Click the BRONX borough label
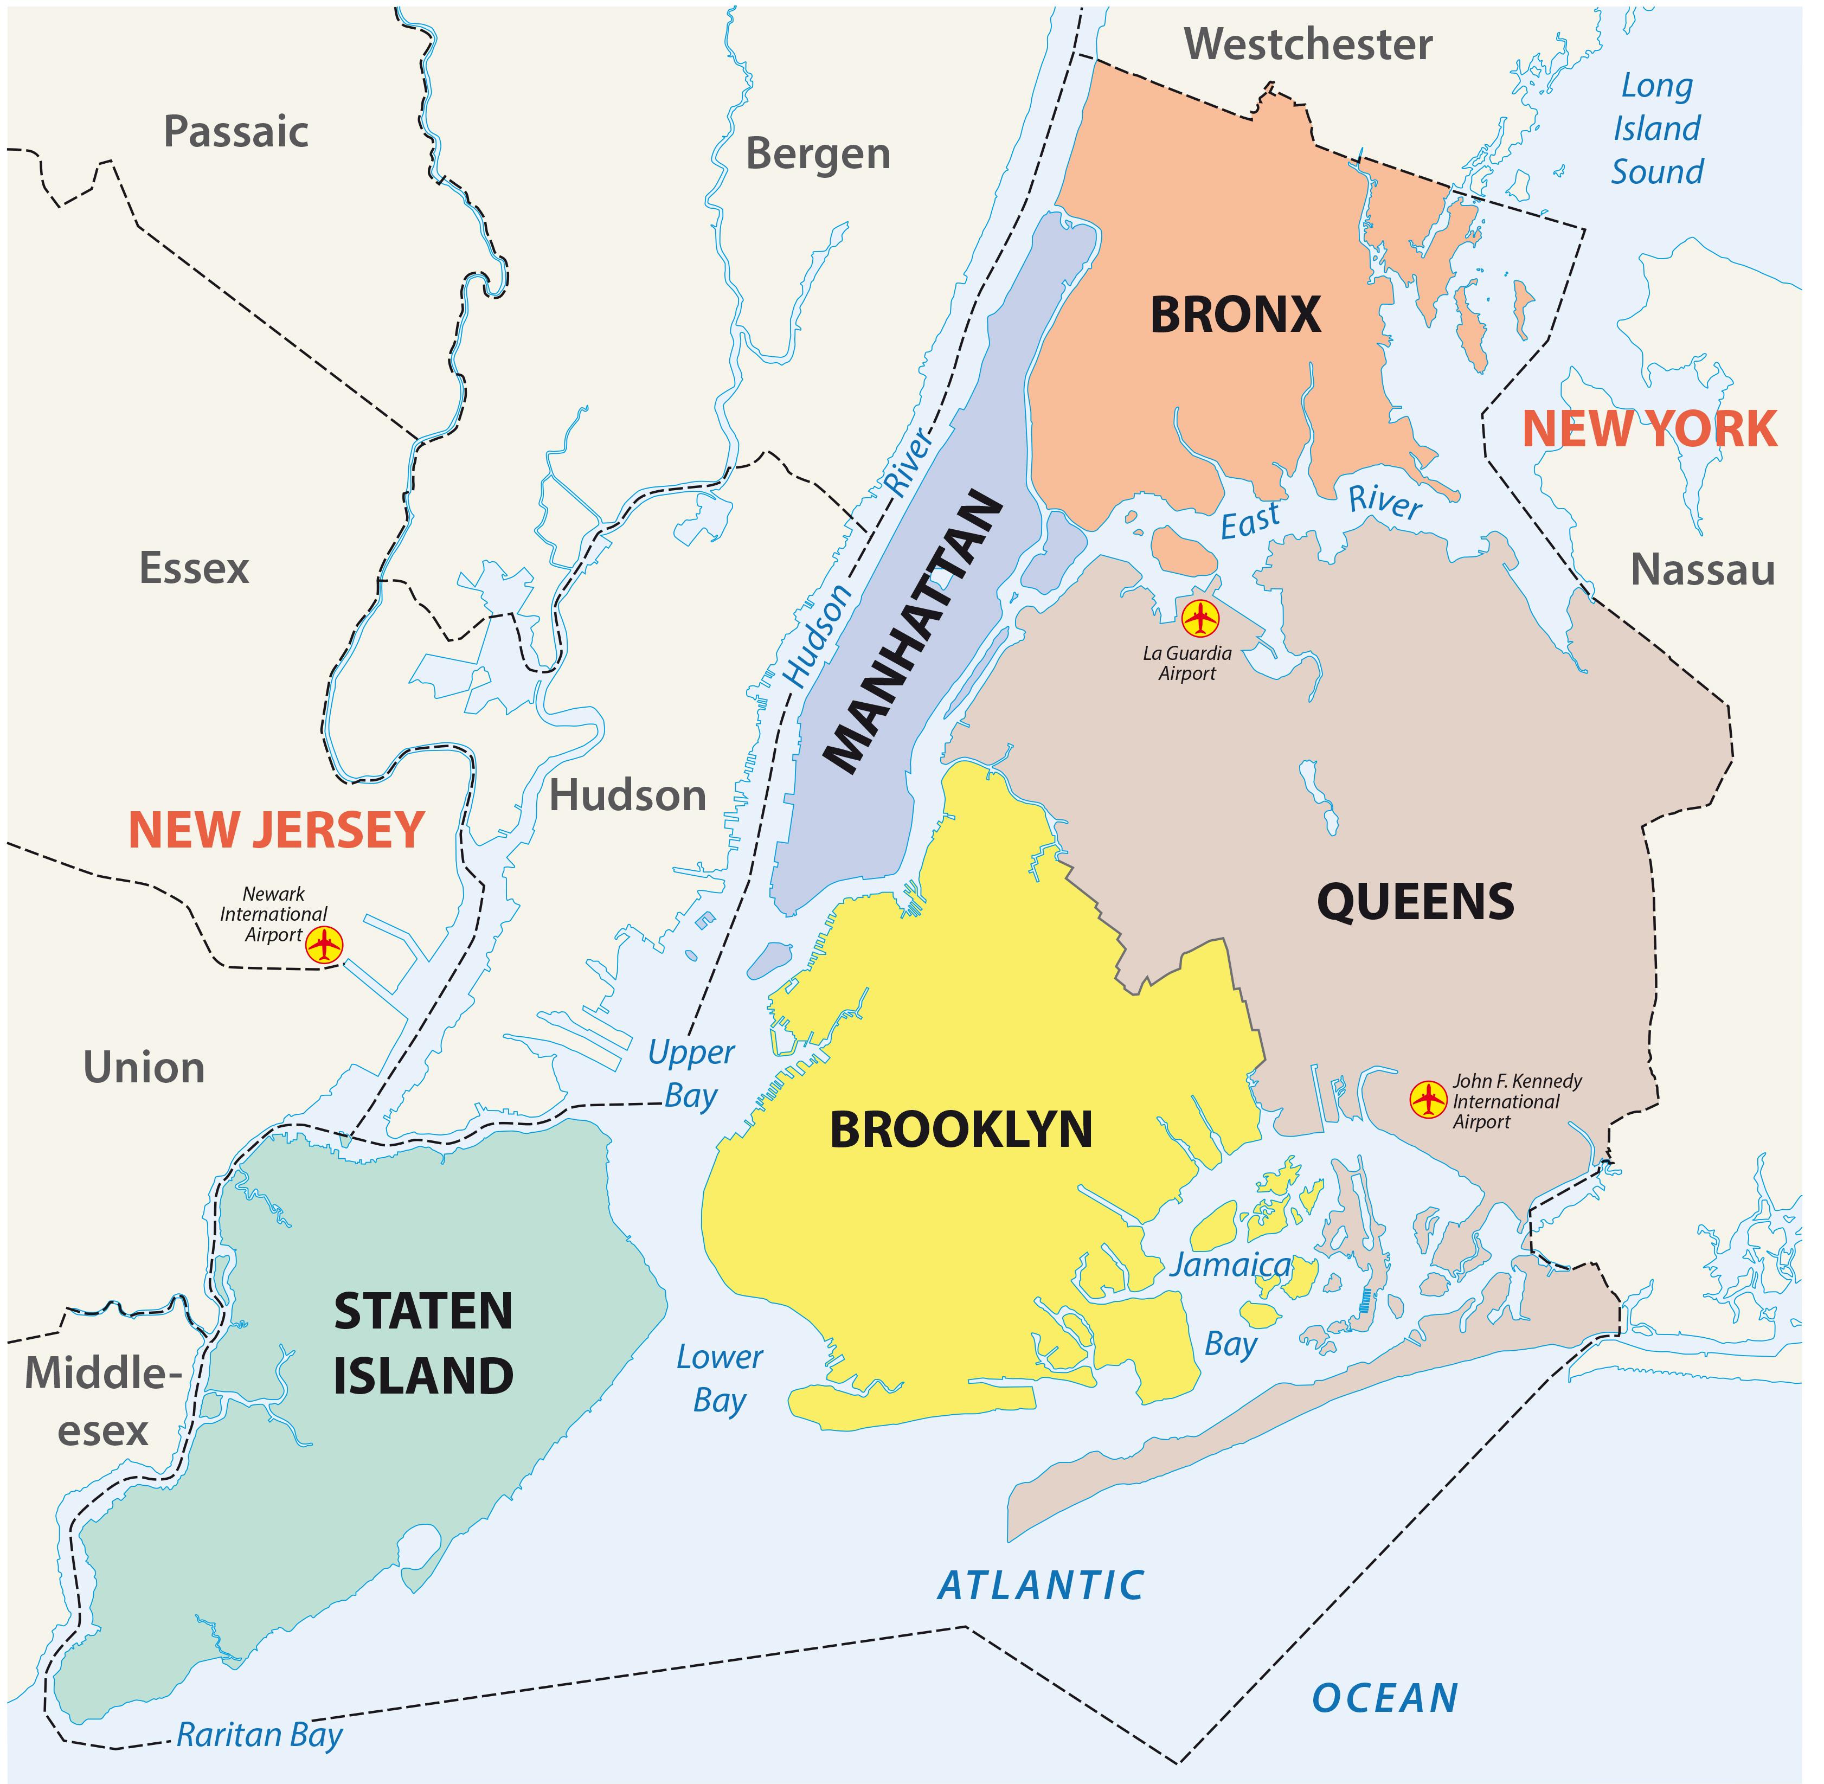1235,316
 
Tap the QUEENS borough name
1415,901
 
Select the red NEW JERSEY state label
277,830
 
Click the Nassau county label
1702,570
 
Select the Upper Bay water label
691,1074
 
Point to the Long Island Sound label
1656,129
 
